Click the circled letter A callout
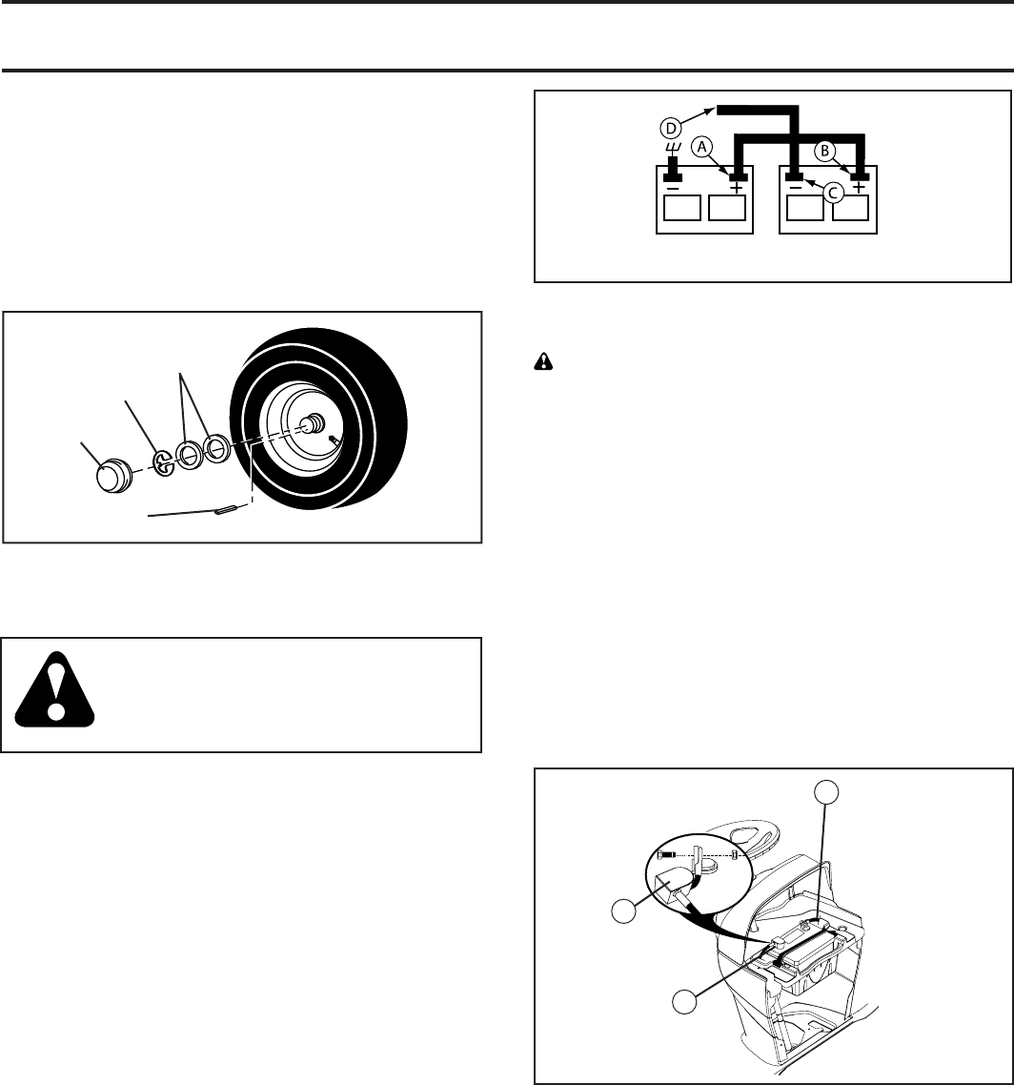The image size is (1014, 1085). pos(700,146)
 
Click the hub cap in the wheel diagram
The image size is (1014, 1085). pos(117,473)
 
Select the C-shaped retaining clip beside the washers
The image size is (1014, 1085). pos(164,461)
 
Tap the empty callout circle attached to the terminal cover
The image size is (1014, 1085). pos(623,911)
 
